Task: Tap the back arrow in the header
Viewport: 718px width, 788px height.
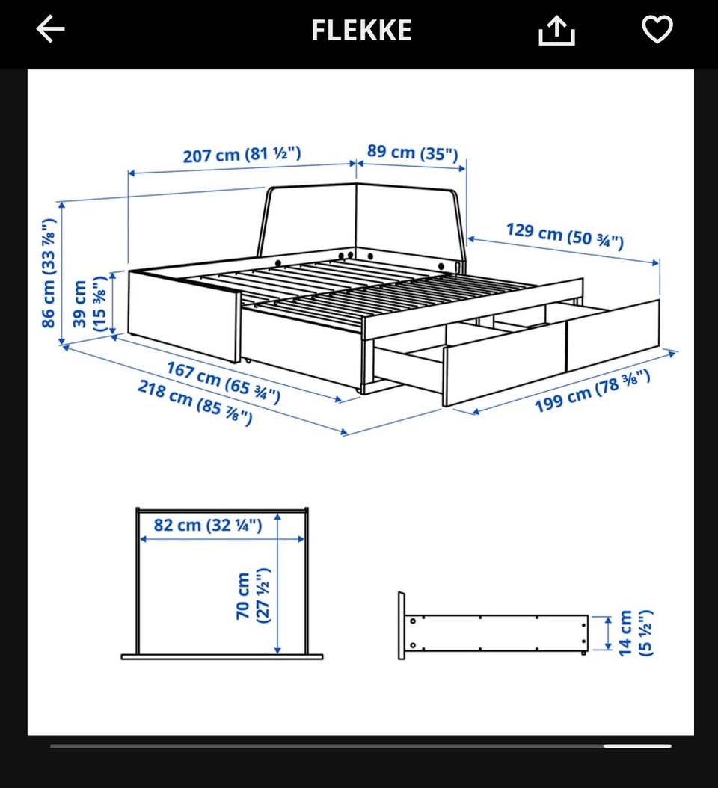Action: click(51, 29)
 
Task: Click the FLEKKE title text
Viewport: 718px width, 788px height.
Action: click(361, 30)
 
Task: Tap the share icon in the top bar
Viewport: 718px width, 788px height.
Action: click(556, 30)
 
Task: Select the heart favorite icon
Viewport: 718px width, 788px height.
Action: click(657, 29)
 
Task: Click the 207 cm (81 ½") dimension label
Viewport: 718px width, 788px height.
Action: click(242, 154)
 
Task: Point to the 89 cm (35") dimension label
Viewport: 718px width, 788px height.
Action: click(412, 153)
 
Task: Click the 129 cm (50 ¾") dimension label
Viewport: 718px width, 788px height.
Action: click(565, 236)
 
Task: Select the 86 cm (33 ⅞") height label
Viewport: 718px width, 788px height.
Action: click(49, 273)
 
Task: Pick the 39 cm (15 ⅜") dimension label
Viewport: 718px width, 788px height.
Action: click(90, 303)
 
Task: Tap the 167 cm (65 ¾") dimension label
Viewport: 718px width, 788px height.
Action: click(223, 383)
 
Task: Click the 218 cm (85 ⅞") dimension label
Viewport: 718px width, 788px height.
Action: click(194, 402)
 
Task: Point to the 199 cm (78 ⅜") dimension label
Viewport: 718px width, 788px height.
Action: click(592, 392)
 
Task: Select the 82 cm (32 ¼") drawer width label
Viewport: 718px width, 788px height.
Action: click(208, 525)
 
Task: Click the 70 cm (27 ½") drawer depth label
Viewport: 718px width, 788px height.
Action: click(253, 596)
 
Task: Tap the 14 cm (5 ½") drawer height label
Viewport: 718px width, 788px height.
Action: click(635, 632)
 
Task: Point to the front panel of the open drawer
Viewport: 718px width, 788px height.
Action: click(504, 366)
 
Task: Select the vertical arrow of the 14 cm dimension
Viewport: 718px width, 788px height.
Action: click(608, 633)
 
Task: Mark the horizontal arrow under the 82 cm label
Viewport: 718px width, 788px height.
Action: click(221, 539)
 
